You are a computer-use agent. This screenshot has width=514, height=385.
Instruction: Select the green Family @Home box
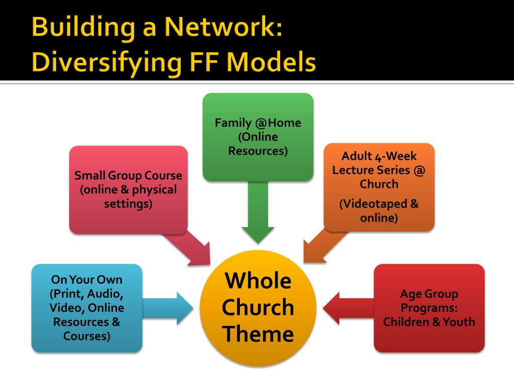coord(258,136)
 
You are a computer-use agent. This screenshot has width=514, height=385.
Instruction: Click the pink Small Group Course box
coord(128,190)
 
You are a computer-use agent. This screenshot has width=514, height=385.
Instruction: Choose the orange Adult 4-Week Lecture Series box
coord(379,187)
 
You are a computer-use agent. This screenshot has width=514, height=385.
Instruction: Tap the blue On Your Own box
coord(86,307)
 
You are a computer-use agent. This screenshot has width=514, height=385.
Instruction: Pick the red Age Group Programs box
coord(429,307)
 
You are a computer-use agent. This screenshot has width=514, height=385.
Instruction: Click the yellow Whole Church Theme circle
coord(258,307)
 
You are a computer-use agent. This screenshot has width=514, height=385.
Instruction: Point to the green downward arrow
coord(258,216)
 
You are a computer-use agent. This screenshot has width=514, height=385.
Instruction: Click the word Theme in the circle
coord(258,333)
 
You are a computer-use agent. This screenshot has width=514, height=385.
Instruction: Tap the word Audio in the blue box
coord(108,293)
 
